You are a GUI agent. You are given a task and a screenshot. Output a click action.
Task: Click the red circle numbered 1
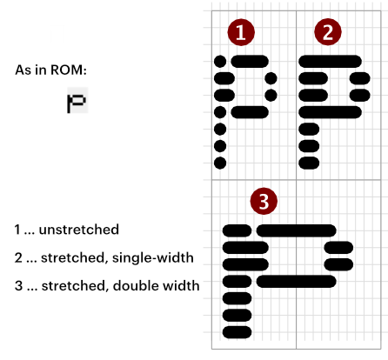pos(241,32)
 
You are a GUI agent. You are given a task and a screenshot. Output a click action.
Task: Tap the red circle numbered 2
pos(328,32)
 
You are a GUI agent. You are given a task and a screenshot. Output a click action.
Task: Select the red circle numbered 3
pos(264,201)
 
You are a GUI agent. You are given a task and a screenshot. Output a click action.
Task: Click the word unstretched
pos(79,230)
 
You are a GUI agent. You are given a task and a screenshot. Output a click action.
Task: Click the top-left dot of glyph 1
pos(220,62)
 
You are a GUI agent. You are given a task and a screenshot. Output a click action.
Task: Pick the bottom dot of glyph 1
pos(220,163)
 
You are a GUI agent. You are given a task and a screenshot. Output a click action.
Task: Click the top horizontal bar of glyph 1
pos(250,62)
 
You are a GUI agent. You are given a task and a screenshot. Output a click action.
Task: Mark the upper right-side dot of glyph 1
pos(271,78)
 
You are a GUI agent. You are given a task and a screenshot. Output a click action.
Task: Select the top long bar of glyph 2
pos(330,62)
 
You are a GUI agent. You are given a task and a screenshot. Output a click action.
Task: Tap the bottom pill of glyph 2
pos(309,163)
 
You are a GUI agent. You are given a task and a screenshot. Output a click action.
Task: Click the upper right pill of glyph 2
pos(360,78)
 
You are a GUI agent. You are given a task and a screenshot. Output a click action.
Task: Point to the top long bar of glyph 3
pos(297,230)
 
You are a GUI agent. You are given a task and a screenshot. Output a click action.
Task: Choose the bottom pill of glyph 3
pos(237,332)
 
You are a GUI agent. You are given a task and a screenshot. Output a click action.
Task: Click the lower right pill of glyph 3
pos(338,264)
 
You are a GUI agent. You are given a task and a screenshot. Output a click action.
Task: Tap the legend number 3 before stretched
pos(18,286)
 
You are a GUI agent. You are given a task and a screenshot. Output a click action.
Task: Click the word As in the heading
pos(23,70)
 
